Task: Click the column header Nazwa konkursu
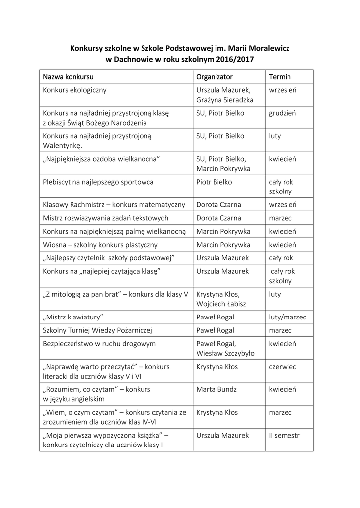(68, 77)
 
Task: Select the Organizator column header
(215, 77)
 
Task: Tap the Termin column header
(280, 77)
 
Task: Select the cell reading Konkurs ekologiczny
(74, 90)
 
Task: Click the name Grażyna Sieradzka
(225, 100)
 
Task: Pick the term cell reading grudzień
(283, 113)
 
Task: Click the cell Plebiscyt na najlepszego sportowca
(98, 182)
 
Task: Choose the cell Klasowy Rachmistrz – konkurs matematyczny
(114, 204)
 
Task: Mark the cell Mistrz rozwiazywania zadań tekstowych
(105, 218)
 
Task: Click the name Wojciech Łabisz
(221, 304)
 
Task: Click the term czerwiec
(283, 367)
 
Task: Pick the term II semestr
(285, 435)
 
